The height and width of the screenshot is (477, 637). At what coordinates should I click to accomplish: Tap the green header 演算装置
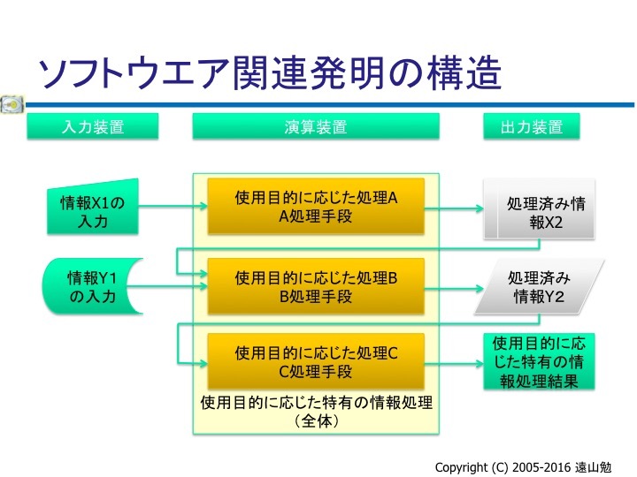(316, 127)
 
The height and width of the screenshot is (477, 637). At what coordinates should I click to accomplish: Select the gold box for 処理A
(316, 207)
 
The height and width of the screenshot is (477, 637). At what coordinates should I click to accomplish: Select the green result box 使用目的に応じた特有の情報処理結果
(539, 361)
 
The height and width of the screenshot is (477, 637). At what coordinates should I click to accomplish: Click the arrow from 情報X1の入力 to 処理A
(173, 208)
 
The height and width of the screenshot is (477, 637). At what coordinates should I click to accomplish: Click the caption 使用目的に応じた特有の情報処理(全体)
(316, 413)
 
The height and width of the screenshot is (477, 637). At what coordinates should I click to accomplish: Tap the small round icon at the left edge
(12, 104)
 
